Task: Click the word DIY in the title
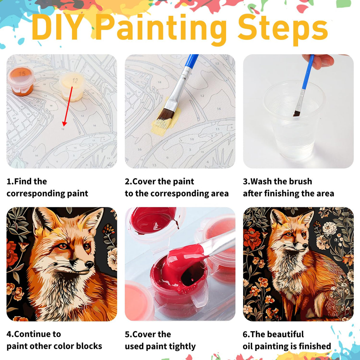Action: tap(58, 28)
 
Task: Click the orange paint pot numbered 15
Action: tap(21, 80)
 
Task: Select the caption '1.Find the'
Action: tap(27, 181)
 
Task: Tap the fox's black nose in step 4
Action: tap(89, 264)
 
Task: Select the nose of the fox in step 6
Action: tap(305, 246)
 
